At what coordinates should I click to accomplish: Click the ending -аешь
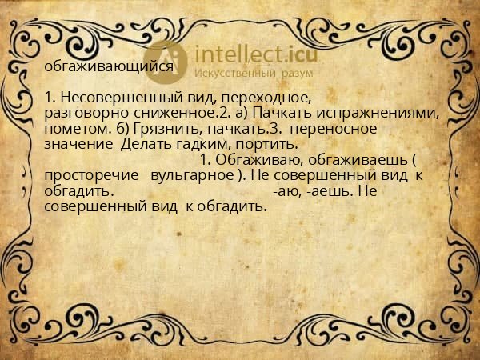click(329, 192)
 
